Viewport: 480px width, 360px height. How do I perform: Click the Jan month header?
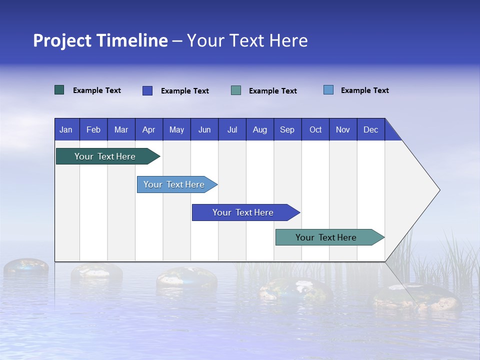point(66,129)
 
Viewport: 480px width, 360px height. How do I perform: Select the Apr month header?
point(149,129)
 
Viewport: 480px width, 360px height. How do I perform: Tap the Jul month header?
point(232,129)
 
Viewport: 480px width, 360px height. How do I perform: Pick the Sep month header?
point(287,129)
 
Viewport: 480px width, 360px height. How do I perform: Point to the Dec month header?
point(370,129)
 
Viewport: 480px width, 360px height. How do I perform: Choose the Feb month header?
point(93,129)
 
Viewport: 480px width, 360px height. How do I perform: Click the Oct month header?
point(315,129)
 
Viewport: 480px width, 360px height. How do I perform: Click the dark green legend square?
point(59,90)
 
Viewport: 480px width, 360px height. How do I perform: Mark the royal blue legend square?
point(147,90)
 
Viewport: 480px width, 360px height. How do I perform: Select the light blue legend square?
point(328,90)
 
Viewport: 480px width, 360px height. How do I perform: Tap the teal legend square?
point(236,90)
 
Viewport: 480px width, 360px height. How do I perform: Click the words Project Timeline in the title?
point(100,40)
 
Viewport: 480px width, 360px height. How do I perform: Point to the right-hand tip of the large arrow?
point(438,190)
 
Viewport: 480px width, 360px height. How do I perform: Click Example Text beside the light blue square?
point(364,90)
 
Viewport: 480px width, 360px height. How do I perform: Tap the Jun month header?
point(204,129)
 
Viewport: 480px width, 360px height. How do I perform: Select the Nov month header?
point(343,129)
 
